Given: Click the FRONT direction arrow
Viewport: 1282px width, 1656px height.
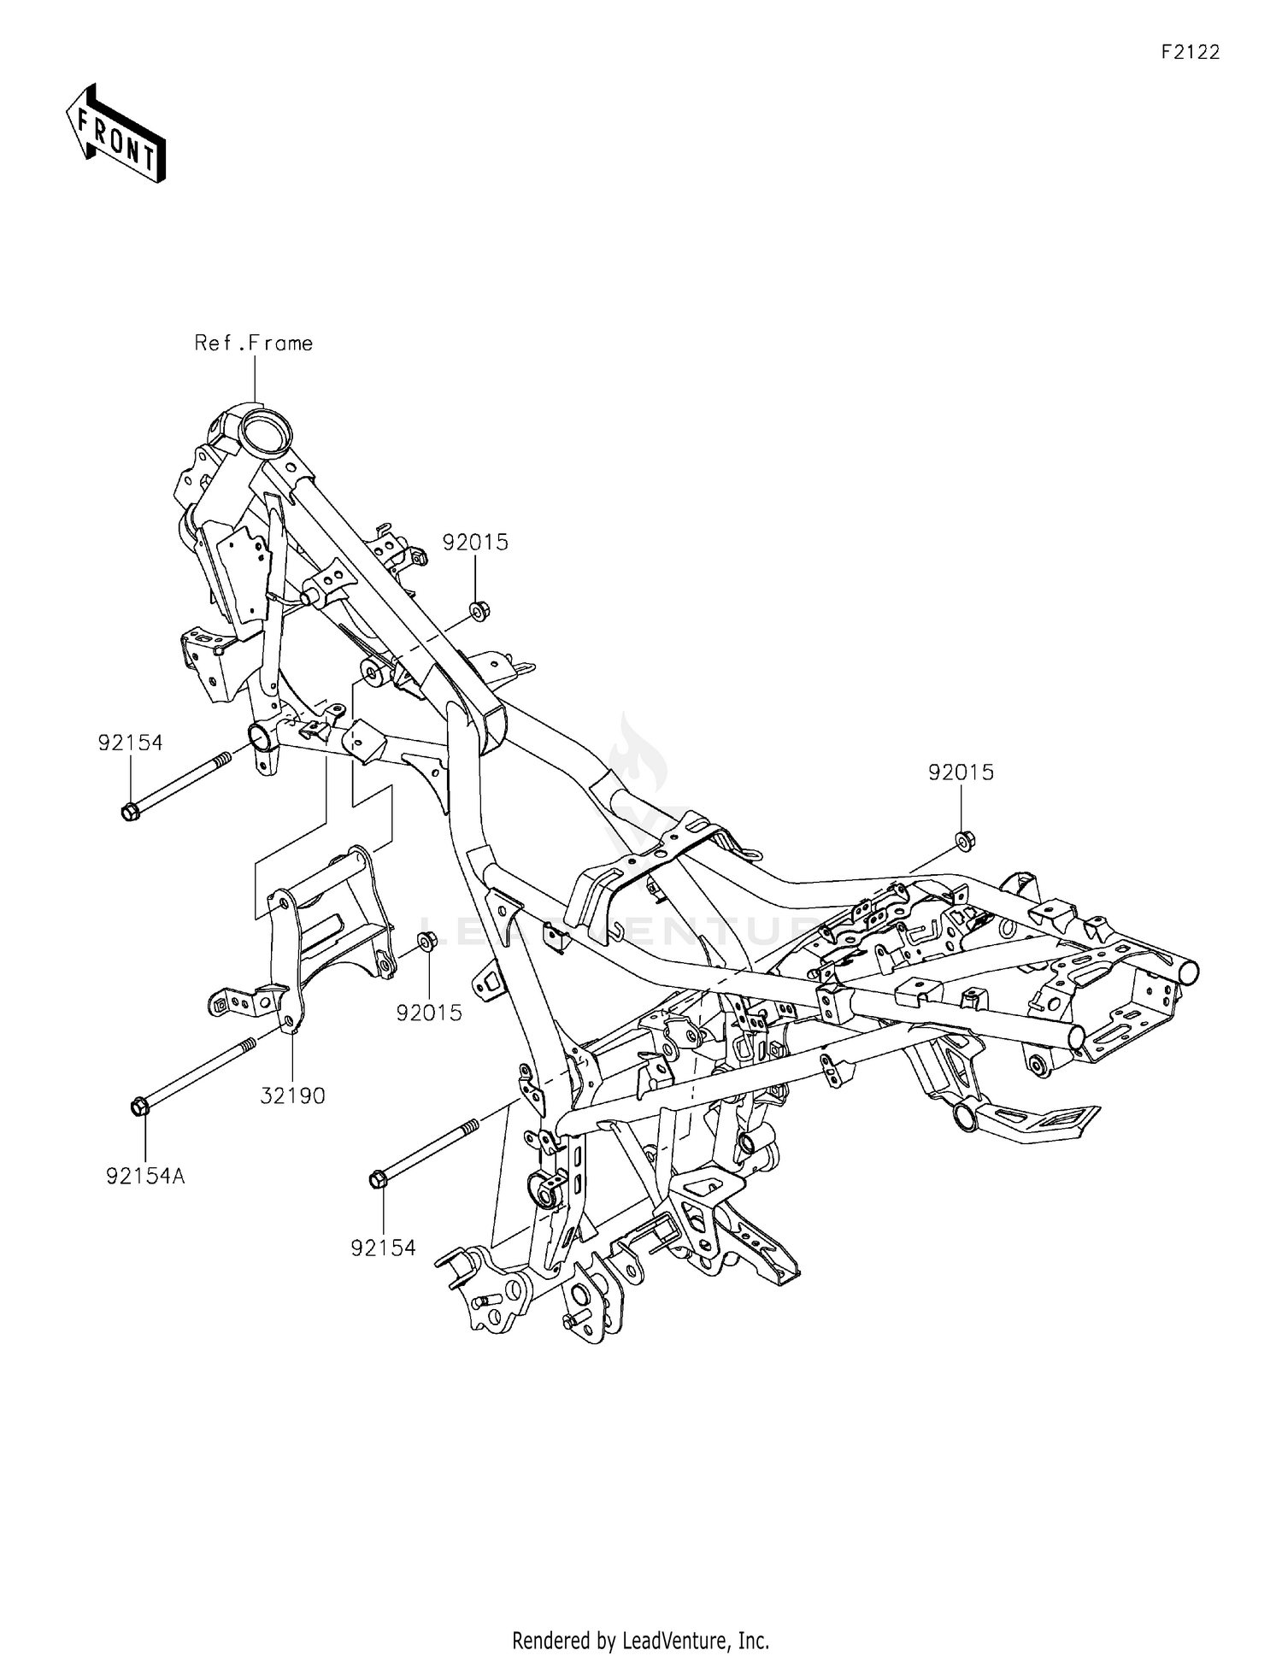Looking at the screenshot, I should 115,134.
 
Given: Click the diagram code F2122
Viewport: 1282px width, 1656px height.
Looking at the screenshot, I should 1190,52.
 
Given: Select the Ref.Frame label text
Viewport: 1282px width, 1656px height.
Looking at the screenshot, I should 253,344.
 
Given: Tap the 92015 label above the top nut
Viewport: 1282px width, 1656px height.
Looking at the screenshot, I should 475,543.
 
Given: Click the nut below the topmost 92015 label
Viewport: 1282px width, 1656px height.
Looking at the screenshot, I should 478,612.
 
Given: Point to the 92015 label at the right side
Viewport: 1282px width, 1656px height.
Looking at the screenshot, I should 961,772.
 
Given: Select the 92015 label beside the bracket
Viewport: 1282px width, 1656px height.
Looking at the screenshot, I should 429,1013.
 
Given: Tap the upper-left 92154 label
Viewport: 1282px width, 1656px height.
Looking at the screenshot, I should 130,743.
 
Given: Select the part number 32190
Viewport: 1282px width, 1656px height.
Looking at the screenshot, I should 293,1096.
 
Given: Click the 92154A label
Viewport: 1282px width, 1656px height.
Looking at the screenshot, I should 145,1177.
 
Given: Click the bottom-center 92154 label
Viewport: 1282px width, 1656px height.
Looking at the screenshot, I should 383,1248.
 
